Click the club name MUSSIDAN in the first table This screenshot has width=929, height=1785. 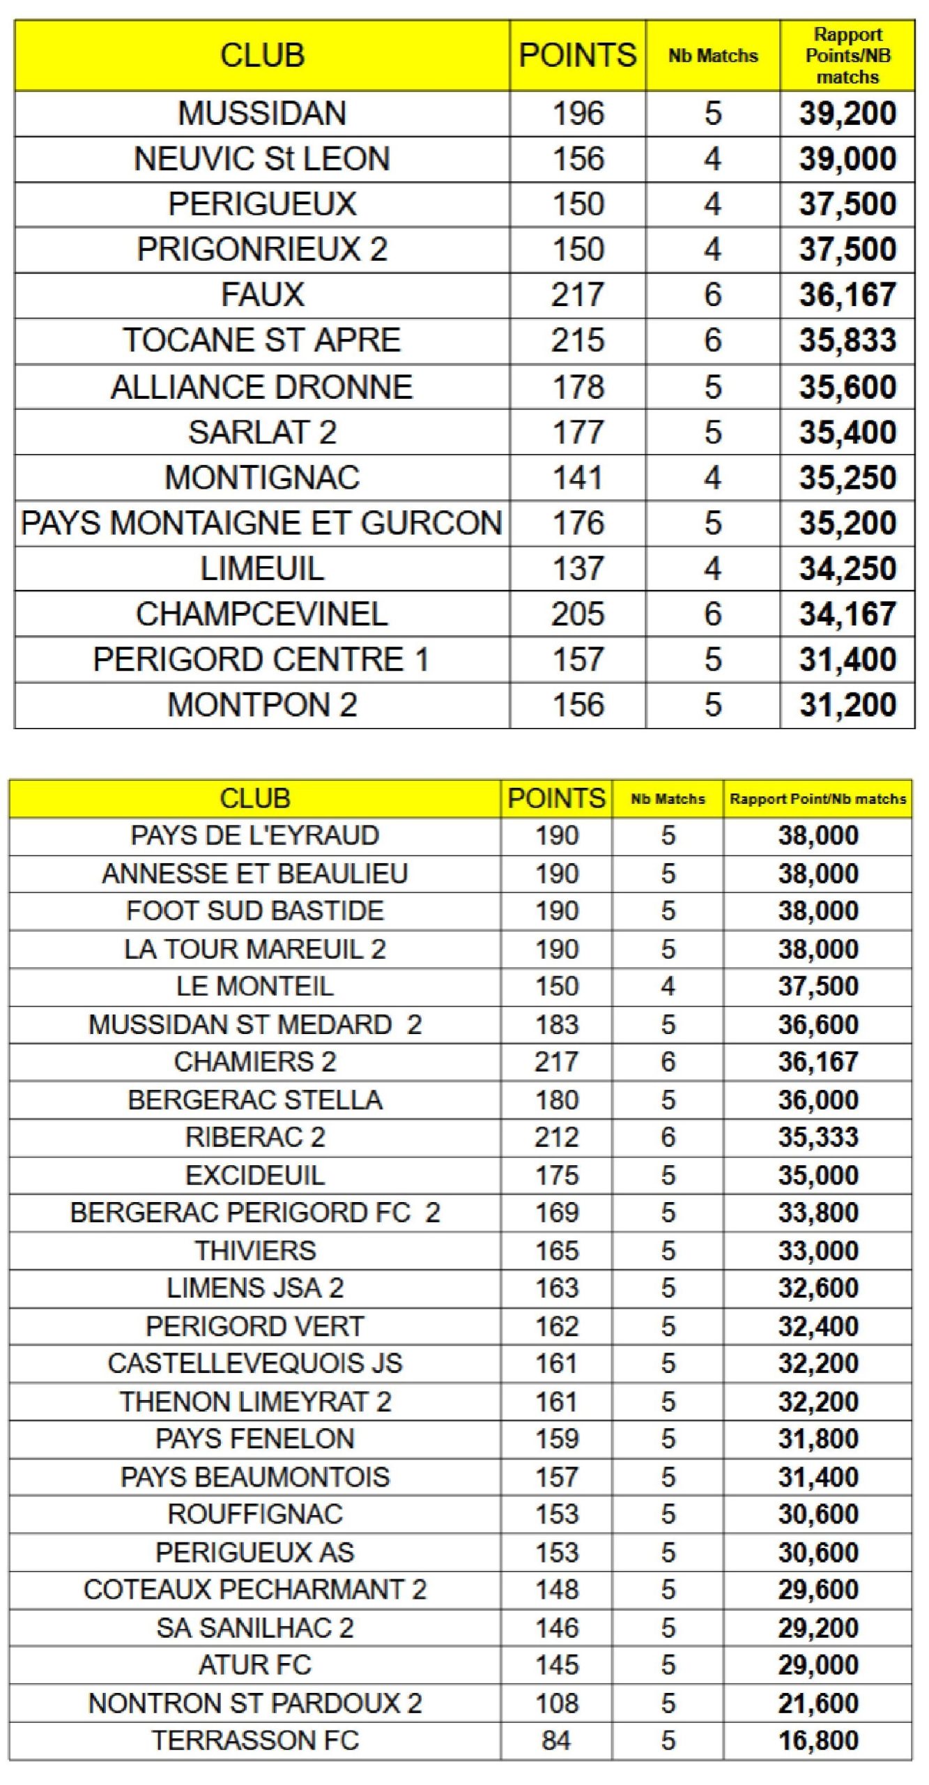(x=262, y=114)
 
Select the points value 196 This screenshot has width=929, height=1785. (x=578, y=114)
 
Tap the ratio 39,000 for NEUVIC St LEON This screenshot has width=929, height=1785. (x=847, y=159)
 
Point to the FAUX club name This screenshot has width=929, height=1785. (x=262, y=295)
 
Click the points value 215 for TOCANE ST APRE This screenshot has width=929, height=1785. (x=578, y=340)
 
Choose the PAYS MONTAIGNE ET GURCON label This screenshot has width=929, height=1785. (x=262, y=524)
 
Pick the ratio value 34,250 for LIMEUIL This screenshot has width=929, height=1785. (x=847, y=569)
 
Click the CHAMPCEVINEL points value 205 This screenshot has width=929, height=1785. (x=578, y=614)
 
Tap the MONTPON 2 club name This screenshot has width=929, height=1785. (x=262, y=705)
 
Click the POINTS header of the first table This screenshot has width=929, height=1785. (x=578, y=55)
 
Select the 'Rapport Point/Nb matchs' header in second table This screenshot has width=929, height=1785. (x=817, y=799)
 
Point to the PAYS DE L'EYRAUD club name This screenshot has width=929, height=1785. (x=255, y=835)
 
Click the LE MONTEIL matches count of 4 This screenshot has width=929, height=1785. (x=668, y=987)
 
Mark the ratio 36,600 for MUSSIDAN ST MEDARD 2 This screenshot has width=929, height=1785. (x=818, y=1024)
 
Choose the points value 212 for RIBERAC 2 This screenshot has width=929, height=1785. (x=557, y=1137)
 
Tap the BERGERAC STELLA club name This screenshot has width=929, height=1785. (x=255, y=1100)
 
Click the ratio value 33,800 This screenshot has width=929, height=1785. (x=818, y=1213)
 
